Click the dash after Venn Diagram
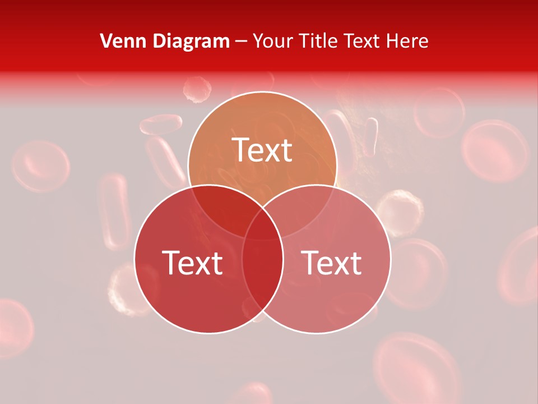coord(241,42)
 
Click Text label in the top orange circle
coord(262,150)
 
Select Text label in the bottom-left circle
coord(192,263)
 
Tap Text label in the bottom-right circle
coord(332,263)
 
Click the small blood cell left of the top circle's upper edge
coord(197,89)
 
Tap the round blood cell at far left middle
coord(41,166)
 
